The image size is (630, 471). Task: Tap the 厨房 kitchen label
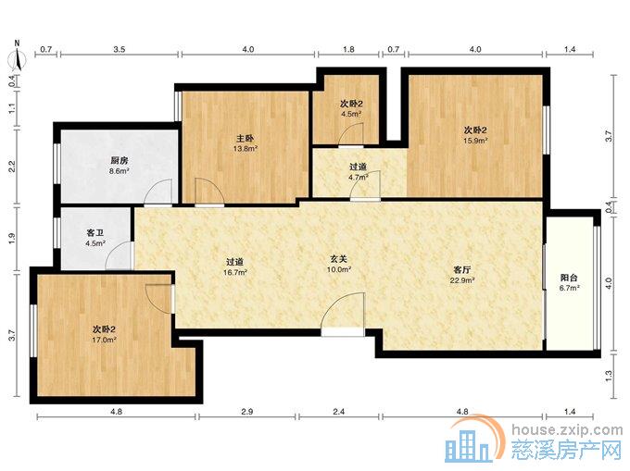[x=119, y=161]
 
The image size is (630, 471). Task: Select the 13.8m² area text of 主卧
[x=246, y=149]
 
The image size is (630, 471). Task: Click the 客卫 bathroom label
[x=95, y=232]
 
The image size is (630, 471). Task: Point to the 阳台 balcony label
[x=569, y=278]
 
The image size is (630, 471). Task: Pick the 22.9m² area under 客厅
[x=462, y=280]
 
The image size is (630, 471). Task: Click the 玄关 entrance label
[x=339, y=260]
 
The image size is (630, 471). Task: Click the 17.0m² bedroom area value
[x=105, y=340]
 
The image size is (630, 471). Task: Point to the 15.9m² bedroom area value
[x=475, y=141]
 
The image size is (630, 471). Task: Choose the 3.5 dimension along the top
[x=120, y=49]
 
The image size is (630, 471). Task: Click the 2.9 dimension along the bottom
[x=247, y=411]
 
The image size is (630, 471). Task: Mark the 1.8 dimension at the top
[x=348, y=49]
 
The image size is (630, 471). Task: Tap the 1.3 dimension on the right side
[x=609, y=376]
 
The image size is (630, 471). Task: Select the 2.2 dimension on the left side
[x=12, y=167]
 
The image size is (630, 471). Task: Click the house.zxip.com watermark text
[x=567, y=430]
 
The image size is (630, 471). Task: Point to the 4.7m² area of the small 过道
[x=359, y=177]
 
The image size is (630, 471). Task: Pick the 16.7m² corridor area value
[x=235, y=272]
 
